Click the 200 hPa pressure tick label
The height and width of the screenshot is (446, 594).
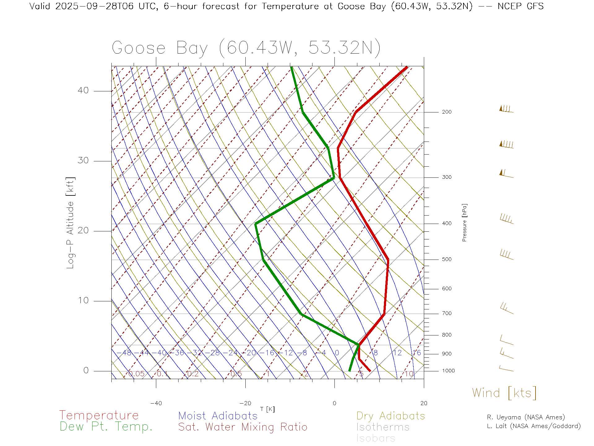coord(446,112)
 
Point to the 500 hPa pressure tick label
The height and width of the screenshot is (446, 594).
coord(446,259)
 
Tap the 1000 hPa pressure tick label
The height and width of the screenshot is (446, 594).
coord(448,371)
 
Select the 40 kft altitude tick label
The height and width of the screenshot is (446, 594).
coord(83,90)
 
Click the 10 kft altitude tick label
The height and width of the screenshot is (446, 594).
coord(83,300)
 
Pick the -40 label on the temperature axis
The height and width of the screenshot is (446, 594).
coord(156,403)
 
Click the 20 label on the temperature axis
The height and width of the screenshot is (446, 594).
coord(424,403)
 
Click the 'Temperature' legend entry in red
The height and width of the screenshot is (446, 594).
coord(99,415)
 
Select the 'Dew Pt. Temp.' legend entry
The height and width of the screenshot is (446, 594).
coord(106,427)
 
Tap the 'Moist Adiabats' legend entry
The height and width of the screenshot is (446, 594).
coord(218,416)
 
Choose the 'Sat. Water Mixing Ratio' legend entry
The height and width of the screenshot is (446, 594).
coord(243,427)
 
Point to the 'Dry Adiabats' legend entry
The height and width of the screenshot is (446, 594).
coord(391,416)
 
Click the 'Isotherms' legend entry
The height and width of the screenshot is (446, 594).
coord(383,427)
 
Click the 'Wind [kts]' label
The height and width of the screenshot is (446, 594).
coord(504,393)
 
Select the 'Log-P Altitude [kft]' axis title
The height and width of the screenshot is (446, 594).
coord(71,223)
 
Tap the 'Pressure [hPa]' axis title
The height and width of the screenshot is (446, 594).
coord(464,222)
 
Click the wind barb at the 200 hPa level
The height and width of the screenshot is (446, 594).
coord(506,109)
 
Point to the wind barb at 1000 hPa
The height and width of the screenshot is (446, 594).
coord(506,369)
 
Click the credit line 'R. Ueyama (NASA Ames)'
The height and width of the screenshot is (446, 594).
coord(526,417)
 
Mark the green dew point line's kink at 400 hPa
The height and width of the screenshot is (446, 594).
coord(256,224)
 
